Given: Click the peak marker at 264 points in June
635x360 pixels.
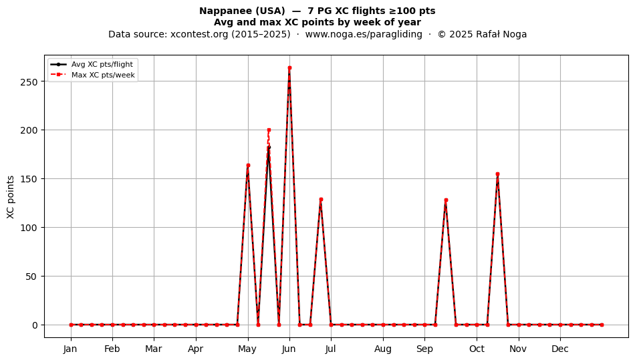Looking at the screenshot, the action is click(x=289, y=68).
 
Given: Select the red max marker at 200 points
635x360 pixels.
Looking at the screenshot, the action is click(x=269, y=130).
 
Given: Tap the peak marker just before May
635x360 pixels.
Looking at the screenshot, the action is click(x=248, y=165).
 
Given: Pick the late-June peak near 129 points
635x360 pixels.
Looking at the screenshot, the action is click(x=321, y=200).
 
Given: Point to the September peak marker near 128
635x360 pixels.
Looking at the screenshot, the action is click(x=446, y=200).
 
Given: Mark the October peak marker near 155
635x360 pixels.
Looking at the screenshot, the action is click(x=498, y=174).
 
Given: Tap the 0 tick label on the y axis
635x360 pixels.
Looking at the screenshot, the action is click(x=35, y=325).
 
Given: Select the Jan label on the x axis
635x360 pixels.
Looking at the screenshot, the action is click(x=70, y=349).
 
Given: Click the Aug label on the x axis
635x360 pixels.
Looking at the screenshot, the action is click(x=383, y=349).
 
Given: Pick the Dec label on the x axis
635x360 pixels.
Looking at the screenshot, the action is click(x=560, y=349).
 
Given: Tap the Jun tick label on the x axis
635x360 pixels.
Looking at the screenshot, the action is click(x=289, y=349).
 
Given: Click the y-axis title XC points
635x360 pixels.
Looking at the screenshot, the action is click(x=11, y=197).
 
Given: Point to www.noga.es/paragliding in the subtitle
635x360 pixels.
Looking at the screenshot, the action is click(x=364, y=34).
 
